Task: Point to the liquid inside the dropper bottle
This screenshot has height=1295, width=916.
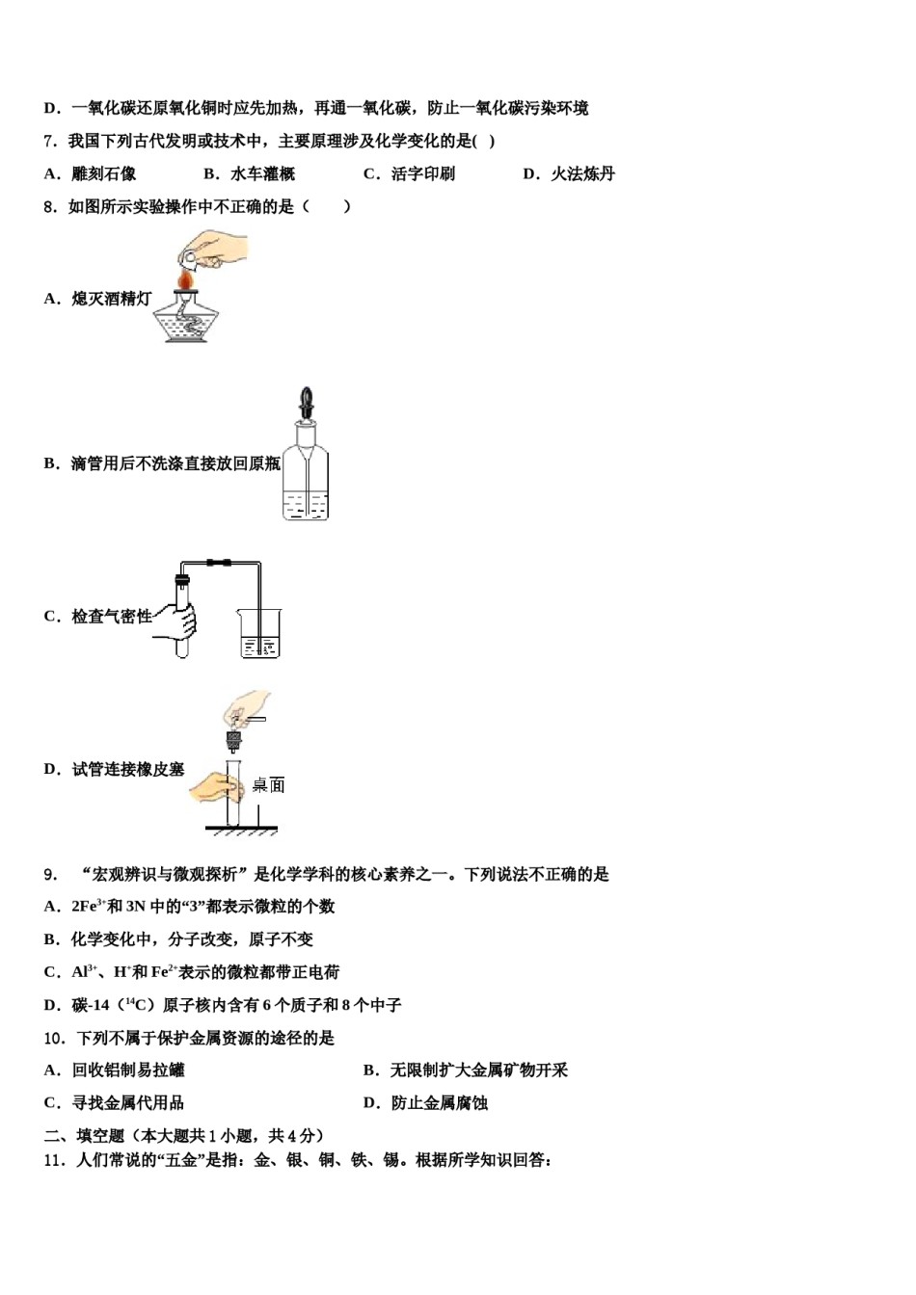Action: (x=306, y=505)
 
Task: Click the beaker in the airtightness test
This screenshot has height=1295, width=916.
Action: (x=259, y=633)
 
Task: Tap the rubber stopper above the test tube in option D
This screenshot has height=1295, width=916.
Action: (x=233, y=740)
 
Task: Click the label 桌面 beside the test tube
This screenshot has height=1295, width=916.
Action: (x=268, y=785)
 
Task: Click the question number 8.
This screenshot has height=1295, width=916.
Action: (x=50, y=207)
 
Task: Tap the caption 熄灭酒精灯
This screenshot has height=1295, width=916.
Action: (x=111, y=299)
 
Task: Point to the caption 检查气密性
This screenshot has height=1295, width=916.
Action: (x=111, y=617)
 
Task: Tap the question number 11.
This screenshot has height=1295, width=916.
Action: (x=54, y=1160)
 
